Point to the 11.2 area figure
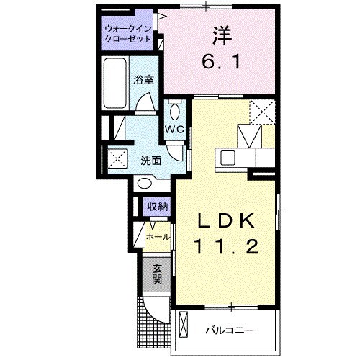click(224, 247)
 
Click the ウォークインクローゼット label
click(127, 34)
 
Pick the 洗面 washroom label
click(150, 161)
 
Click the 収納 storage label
click(158, 207)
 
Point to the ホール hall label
click(158, 236)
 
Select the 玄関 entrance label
click(156, 274)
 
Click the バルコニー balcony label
click(230, 330)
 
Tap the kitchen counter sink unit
click(238, 157)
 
